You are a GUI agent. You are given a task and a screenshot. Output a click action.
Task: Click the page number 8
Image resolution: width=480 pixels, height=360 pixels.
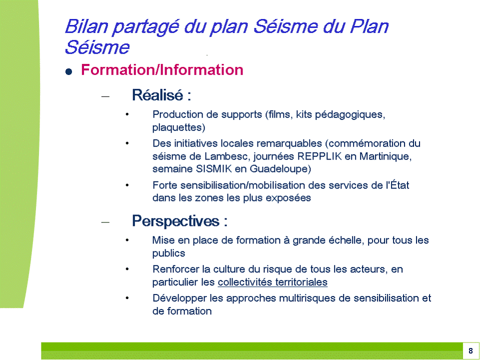[470, 351]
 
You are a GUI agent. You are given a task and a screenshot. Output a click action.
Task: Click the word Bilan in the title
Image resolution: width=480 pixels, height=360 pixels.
[86, 26]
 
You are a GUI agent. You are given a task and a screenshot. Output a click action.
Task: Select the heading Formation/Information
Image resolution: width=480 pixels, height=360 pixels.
[162, 70]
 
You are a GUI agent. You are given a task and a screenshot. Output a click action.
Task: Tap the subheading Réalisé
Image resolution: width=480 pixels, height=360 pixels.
[157, 95]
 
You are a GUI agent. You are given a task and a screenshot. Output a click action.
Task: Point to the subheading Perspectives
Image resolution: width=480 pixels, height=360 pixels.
[175, 221]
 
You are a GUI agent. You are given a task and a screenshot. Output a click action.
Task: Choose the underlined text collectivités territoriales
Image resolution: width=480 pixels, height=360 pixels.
[272, 282]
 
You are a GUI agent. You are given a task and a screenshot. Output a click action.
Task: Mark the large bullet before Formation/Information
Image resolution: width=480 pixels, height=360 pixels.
[68, 72]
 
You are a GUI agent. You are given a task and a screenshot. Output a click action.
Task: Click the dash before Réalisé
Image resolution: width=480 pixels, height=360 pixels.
[105, 96]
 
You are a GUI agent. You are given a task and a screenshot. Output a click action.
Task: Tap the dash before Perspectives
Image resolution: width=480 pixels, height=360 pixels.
[105, 222]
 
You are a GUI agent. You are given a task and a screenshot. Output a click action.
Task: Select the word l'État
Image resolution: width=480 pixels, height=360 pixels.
[397, 185]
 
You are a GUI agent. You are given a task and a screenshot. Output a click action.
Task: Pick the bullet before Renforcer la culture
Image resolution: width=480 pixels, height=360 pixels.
[127, 269]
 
